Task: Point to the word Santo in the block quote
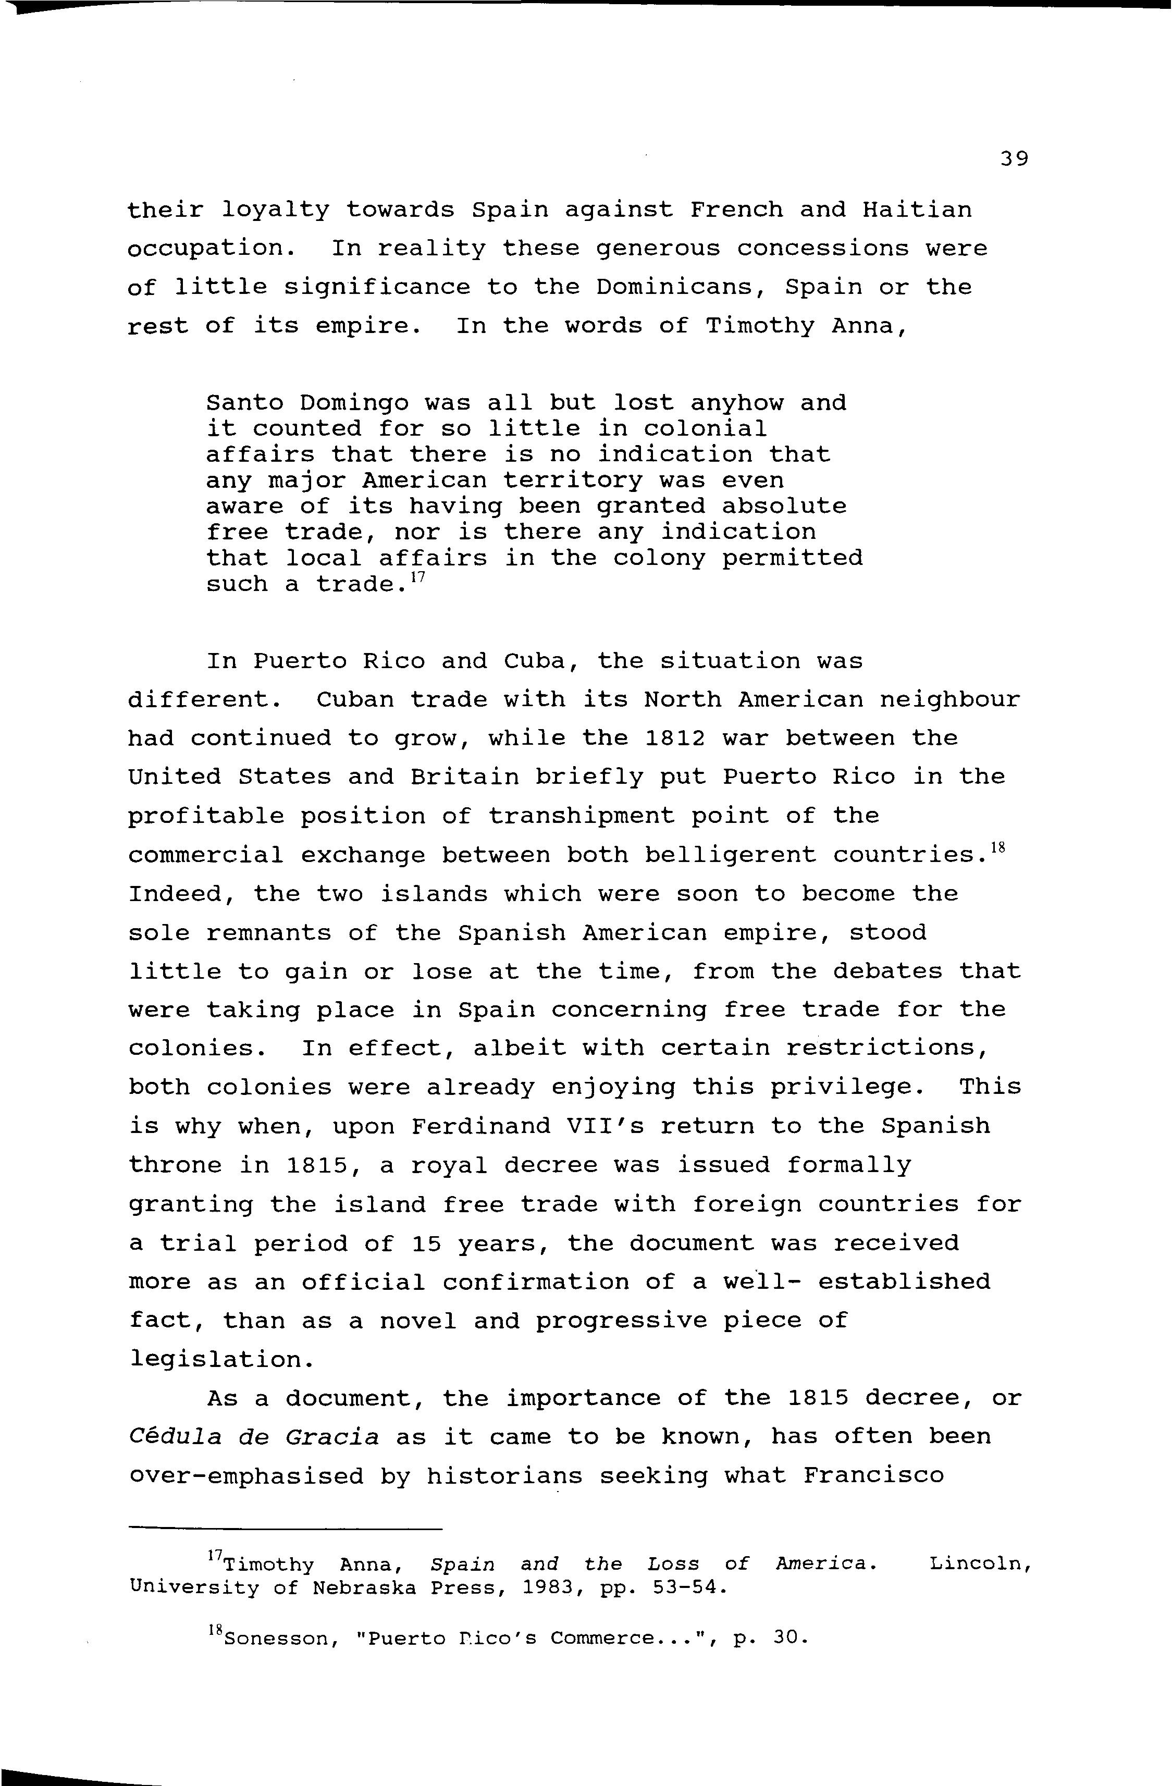point(244,404)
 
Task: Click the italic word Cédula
point(175,1437)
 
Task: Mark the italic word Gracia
point(331,1437)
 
